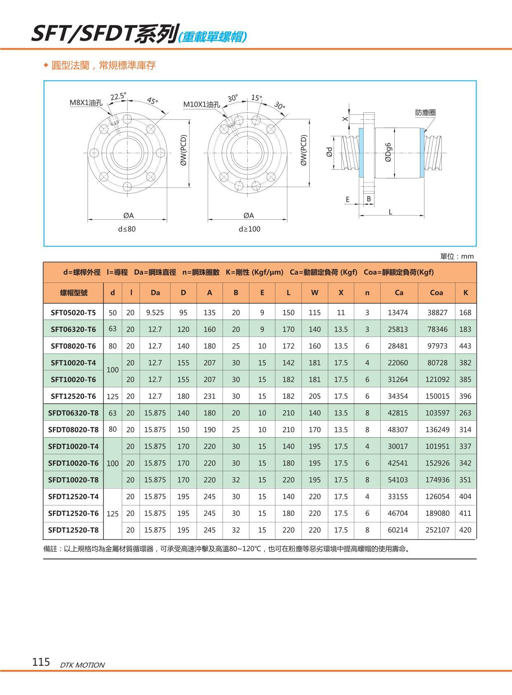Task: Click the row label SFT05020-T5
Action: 73,313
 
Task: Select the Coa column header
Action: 436,292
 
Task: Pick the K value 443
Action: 465,346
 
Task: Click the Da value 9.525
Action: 155,313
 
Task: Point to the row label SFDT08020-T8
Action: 73,429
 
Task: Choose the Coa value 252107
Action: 437,530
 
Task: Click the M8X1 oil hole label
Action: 86,103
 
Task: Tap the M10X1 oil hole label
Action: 201,104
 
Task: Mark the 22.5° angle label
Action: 118,97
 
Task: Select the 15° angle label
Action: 256,98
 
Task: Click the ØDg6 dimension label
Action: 388,152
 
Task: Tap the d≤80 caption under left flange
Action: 127,229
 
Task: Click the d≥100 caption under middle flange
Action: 249,229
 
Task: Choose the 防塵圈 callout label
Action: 425,112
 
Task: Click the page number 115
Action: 41,662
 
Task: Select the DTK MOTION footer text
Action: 82,665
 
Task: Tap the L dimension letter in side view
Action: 390,212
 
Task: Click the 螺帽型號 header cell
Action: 73,292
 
